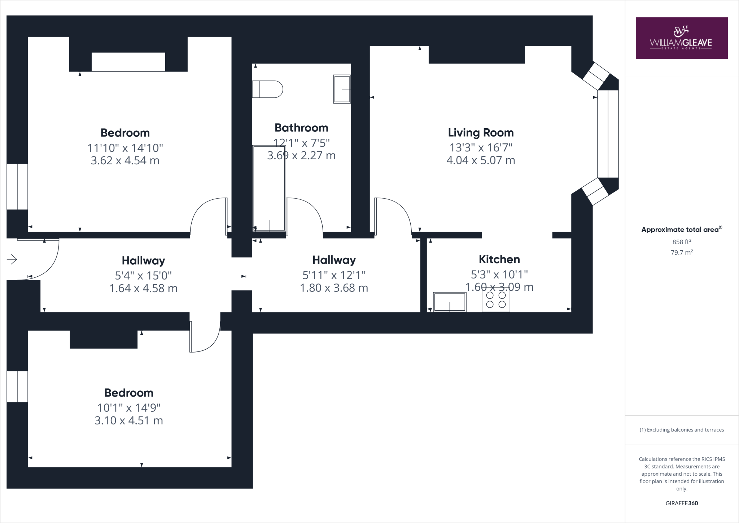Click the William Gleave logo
tap(681, 38)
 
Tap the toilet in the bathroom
tap(268, 89)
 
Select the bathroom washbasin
tap(341, 89)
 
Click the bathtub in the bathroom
tap(269, 188)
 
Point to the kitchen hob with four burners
tap(496, 300)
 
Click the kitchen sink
tap(450, 302)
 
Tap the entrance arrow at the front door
tap(12, 259)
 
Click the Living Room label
tap(481, 133)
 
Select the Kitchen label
tap(499, 259)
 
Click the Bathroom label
tap(301, 127)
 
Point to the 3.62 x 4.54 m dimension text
tap(125, 160)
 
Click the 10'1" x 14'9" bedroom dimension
tap(129, 408)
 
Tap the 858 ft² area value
tap(681, 242)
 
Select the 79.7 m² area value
tap(681, 252)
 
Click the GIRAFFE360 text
tap(681, 503)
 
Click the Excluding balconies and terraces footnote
tap(681, 430)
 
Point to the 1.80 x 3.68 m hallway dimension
tap(334, 288)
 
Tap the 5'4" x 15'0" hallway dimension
tap(143, 276)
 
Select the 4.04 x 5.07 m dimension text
tap(481, 160)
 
